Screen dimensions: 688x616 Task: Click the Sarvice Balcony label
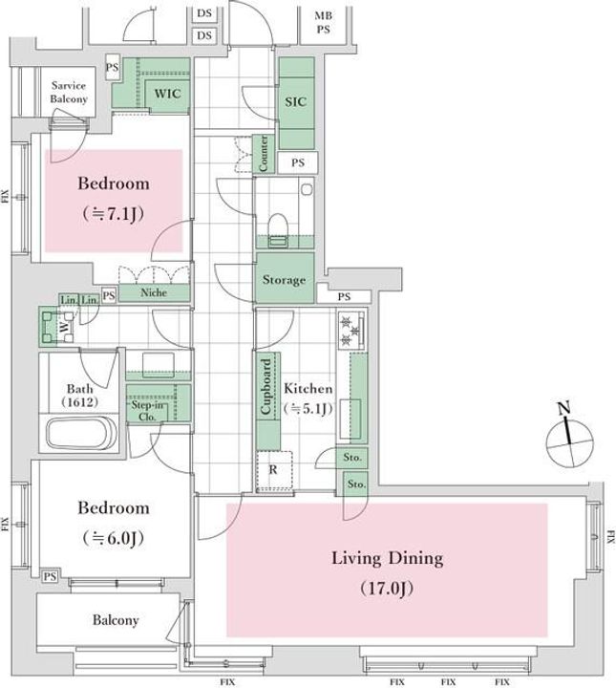click(69, 93)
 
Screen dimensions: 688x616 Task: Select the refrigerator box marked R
click(275, 470)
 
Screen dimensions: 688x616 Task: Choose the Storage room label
click(285, 280)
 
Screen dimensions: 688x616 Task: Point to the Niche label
click(153, 293)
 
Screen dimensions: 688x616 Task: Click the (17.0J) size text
click(387, 586)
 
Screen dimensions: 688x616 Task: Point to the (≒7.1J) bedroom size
click(113, 214)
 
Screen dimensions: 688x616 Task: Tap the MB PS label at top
click(324, 23)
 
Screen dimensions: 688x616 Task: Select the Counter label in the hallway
click(263, 153)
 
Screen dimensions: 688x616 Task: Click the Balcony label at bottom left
click(116, 620)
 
